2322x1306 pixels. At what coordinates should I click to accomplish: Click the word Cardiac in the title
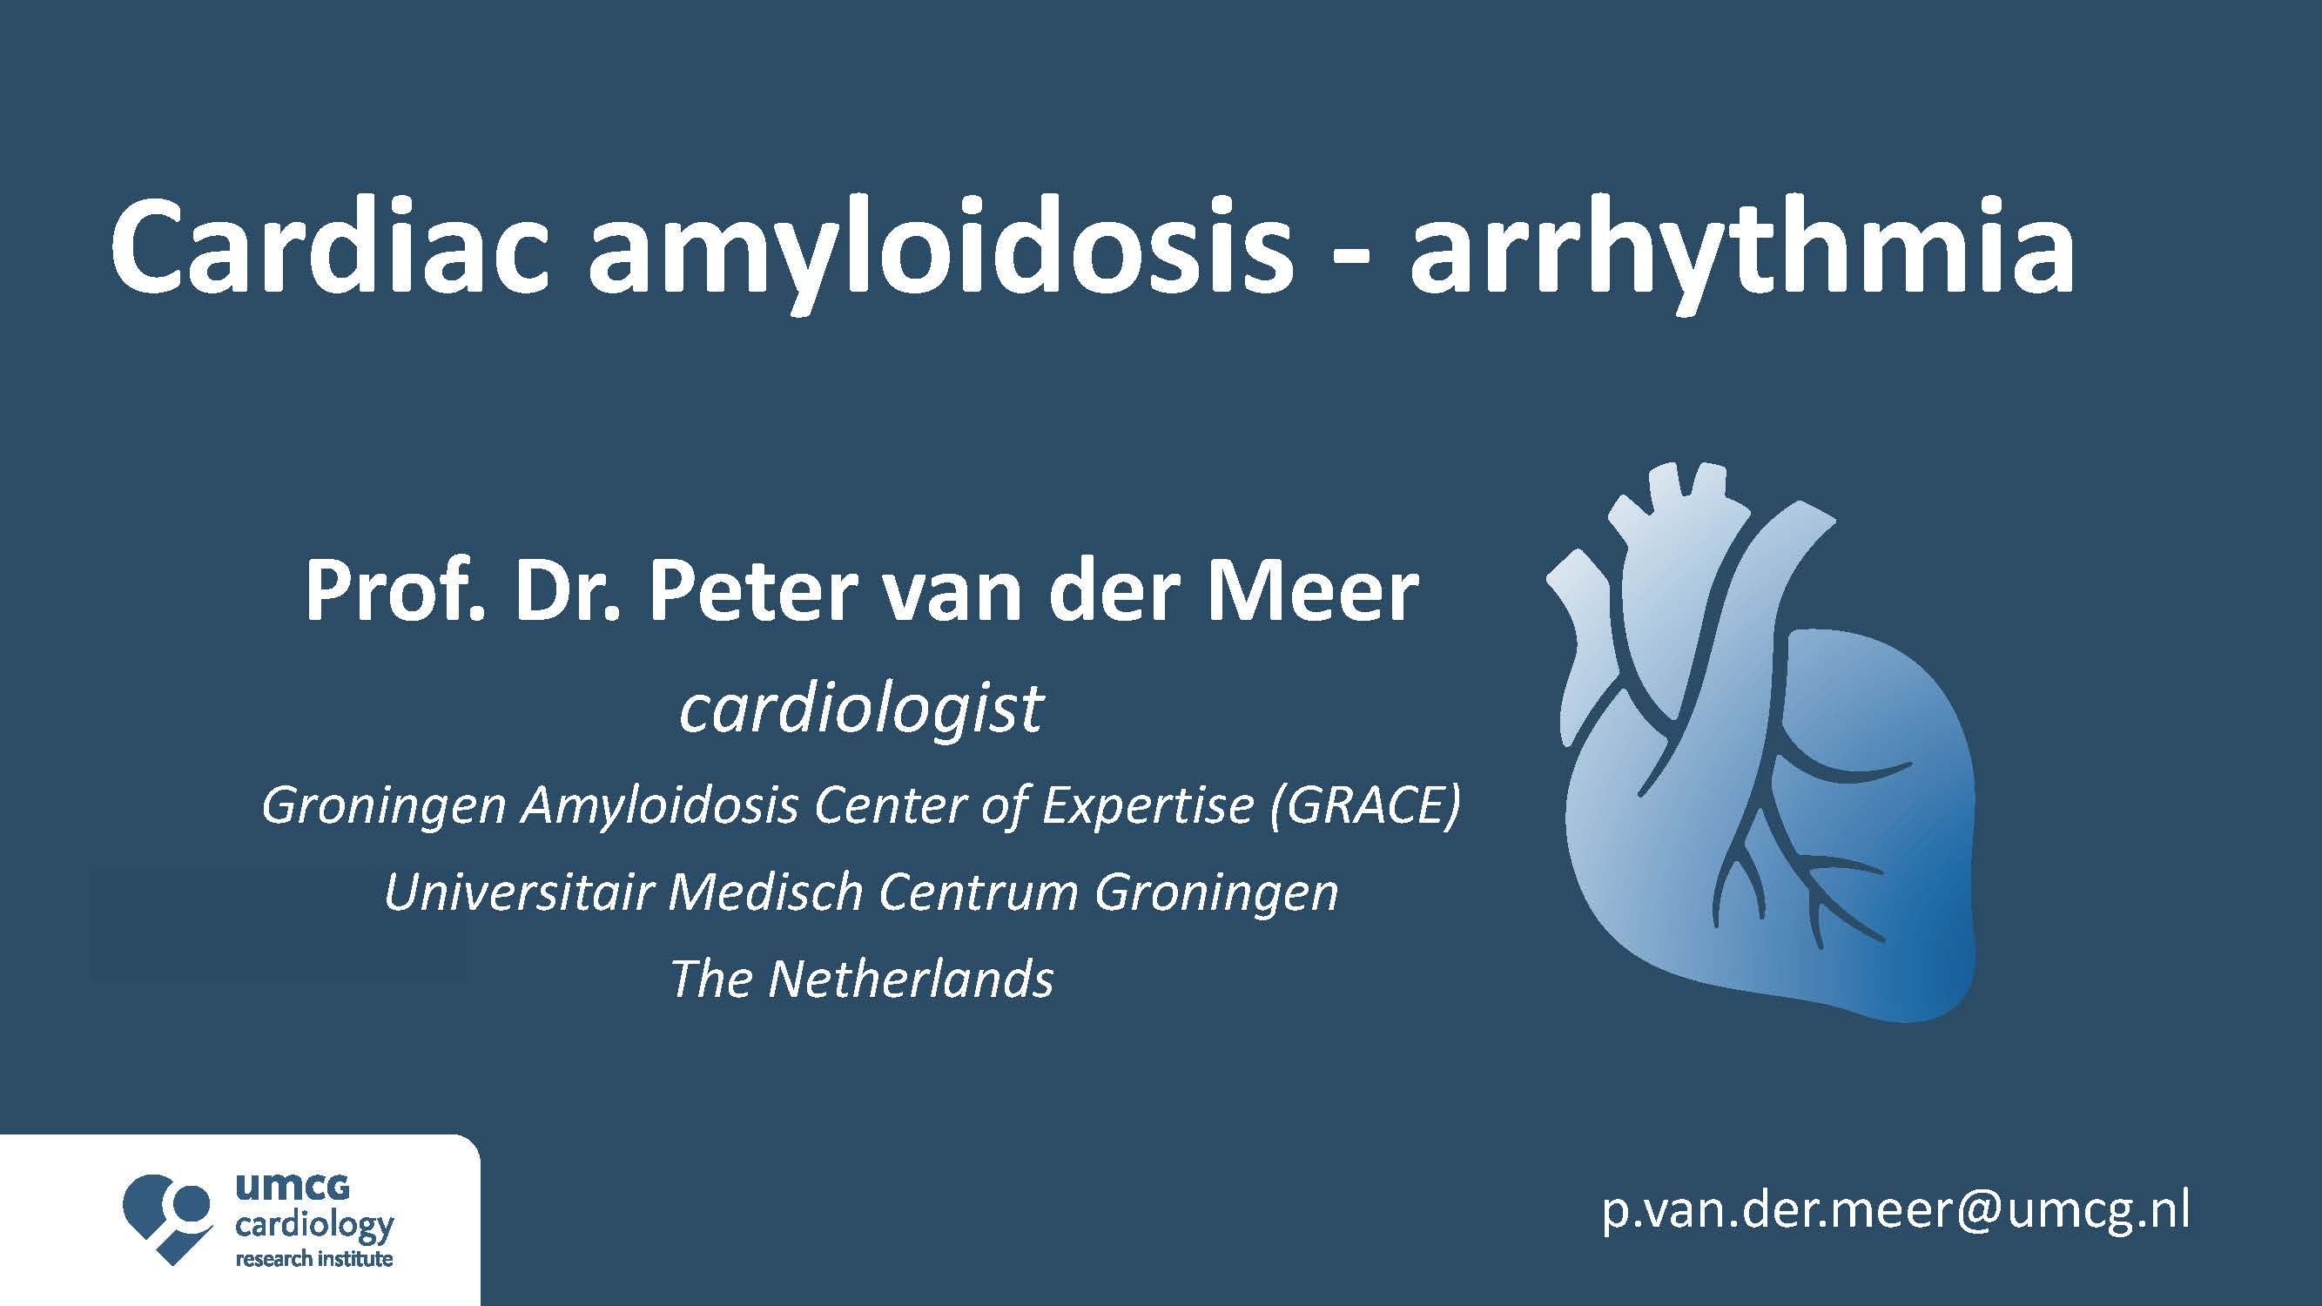coord(330,249)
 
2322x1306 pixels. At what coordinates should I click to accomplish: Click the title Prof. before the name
coord(393,591)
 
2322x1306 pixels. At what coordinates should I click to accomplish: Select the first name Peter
coord(754,591)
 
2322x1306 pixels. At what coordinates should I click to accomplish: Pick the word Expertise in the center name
coord(1148,805)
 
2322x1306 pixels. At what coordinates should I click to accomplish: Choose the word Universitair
coord(519,892)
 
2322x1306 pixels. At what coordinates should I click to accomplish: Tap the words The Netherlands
coord(862,979)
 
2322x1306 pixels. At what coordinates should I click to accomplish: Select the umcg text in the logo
coord(292,1187)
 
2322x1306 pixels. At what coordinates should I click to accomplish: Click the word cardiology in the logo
coord(314,1227)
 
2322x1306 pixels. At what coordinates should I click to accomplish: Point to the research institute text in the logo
coord(313,1258)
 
